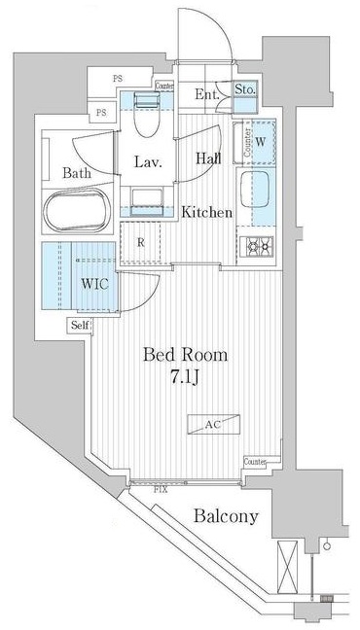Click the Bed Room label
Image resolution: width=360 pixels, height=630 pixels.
(185, 355)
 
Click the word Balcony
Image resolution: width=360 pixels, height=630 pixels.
(224, 516)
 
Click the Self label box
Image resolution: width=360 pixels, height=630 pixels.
(80, 326)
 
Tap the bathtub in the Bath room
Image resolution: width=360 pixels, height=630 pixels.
(77, 209)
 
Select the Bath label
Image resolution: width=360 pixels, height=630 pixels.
(77, 173)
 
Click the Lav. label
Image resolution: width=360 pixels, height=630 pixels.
(148, 162)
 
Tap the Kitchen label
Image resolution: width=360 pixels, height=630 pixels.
(207, 212)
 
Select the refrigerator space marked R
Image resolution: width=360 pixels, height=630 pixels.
(142, 244)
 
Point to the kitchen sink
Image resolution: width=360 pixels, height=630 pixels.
(258, 192)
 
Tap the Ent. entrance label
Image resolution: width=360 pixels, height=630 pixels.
(205, 94)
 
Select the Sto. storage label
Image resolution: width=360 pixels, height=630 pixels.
(245, 91)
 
